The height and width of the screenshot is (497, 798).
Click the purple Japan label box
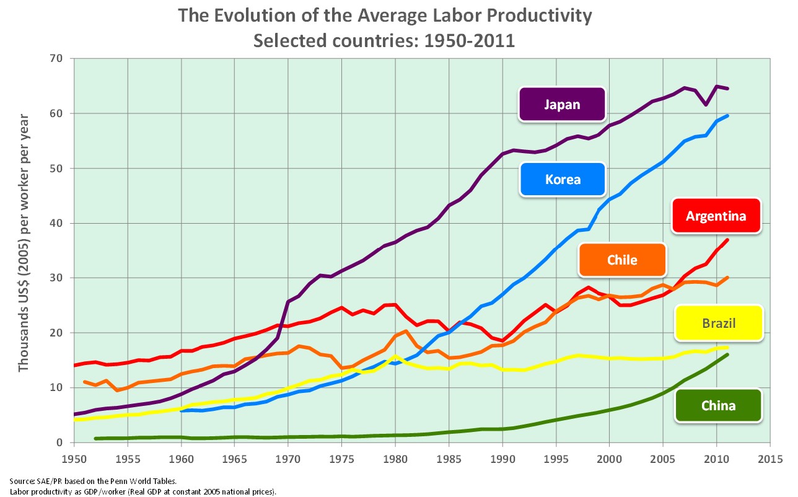pos(562,104)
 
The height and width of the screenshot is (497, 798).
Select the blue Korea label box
pos(563,180)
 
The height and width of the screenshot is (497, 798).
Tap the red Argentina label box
pos(716,216)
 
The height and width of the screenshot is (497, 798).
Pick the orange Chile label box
pos(622,260)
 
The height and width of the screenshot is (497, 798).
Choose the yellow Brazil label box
pos(718,323)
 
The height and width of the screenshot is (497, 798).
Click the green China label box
pos(718,406)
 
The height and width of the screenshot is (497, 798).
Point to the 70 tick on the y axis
pos(62,59)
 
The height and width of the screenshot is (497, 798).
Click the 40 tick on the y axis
pos(62,223)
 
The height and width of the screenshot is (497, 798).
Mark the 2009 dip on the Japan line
pos(706,105)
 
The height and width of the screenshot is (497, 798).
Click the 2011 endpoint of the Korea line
pos(727,116)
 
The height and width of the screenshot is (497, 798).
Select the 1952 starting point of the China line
pos(95,439)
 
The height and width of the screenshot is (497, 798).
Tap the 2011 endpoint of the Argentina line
pos(727,240)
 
